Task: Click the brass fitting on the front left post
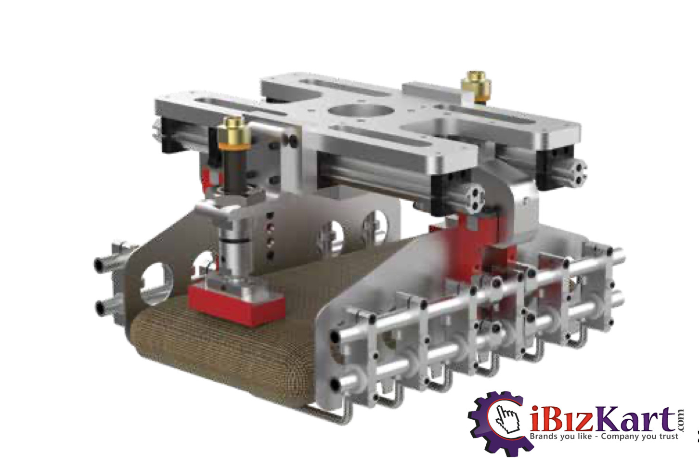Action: point(234,131)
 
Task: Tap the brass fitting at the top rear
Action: point(476,86)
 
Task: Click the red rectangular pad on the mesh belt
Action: point(236,306)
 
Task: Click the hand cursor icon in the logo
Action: point(508,419)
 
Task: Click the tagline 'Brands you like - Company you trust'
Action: point(604,436)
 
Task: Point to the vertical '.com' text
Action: point(681,421)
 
